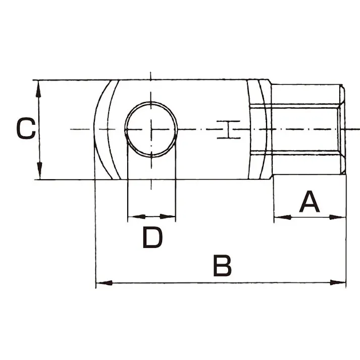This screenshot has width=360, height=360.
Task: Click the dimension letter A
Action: [310, 201]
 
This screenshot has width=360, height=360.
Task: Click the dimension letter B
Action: [222, 266]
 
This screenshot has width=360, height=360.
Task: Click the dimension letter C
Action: [25, 129]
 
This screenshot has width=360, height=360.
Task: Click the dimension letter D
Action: [152, 237]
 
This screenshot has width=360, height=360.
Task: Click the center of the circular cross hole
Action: [151, 129]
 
